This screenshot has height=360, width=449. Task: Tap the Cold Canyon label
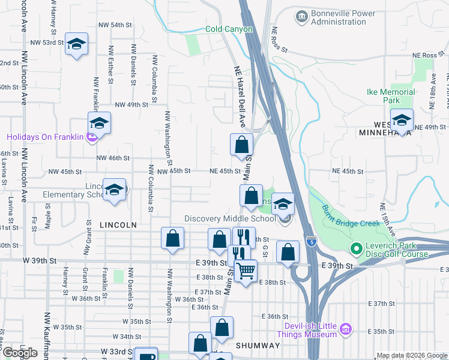[229, 29]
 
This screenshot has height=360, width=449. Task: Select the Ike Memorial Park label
[391, 96]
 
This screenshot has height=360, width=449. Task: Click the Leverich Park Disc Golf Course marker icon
[356, 247]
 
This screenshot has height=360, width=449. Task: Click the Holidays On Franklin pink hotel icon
[91, 137]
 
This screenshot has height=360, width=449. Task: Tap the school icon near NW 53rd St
[76, 44]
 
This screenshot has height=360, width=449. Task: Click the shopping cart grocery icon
[245, 271]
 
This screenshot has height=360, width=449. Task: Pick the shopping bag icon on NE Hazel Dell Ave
[241, 145]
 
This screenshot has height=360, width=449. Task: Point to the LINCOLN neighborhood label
[118, 225]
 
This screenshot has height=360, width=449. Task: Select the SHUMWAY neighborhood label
[258, 346]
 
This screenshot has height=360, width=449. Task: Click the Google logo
[20, 353]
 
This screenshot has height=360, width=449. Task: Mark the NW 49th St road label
[131, 104]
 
